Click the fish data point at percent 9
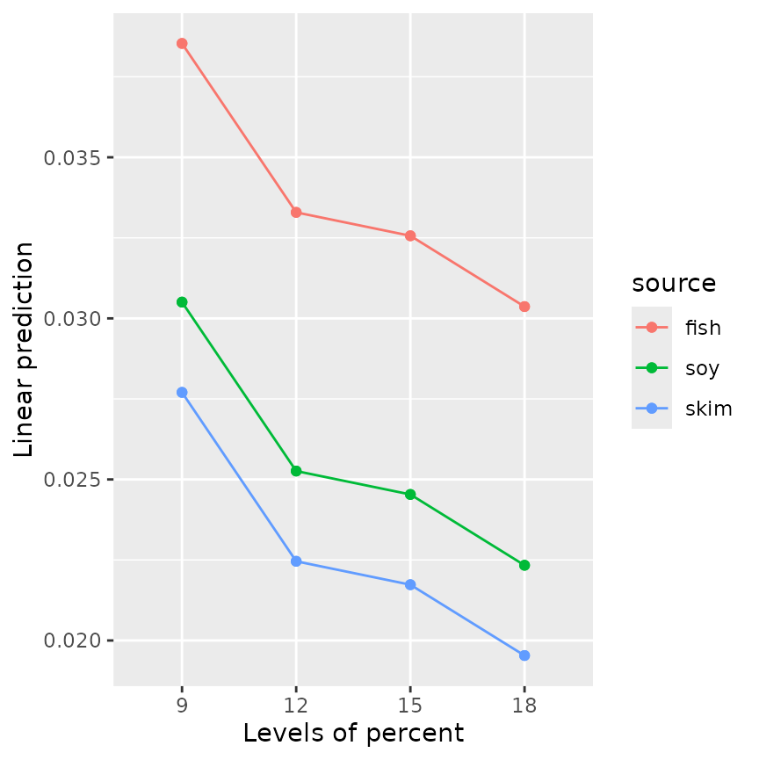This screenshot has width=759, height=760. click(182, 43)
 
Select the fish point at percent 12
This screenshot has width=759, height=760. click(296, 213)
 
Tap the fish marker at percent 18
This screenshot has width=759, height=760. click(524, 307)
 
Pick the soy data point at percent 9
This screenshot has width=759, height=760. click(182, 302)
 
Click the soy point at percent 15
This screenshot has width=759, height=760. click(410, 495)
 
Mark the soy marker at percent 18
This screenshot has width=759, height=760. click(524, 565)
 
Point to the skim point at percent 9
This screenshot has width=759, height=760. click(182, 393)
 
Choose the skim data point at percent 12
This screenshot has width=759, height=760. click(296, 561)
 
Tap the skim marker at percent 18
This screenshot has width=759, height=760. click(524, 655)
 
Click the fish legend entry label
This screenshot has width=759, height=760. click(703, 328)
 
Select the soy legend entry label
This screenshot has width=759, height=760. click(702, 368)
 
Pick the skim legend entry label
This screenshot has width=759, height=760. click(708, 409)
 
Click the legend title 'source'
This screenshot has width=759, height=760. click(674, 284)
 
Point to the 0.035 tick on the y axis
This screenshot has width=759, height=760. click(72, 158)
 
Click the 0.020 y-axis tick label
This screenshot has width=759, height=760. click(72, 641)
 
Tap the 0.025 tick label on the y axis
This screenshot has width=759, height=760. click(72, 480)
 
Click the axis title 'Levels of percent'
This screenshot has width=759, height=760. click(353, 733)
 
